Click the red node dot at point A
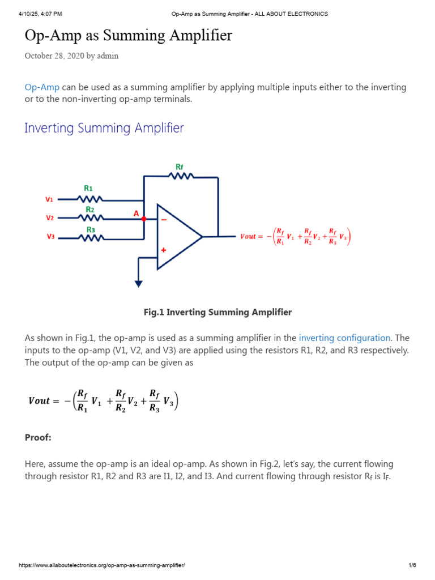(144, 218)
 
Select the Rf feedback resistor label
(180, 167)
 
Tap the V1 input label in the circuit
(49, 199)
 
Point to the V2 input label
(49, 218)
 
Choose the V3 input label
(49, 237)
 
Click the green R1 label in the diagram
(88, 188)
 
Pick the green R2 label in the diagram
(89, 209)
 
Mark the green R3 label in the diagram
(91, 229)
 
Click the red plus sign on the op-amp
(164, 250)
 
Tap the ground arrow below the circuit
(138, 283)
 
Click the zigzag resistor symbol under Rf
(181, 176)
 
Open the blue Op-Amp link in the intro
(42, 87)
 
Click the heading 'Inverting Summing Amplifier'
(104, 128)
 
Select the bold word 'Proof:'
(38, 438)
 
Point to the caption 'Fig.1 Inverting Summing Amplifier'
(217, 312)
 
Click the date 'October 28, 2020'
(54, 56)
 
